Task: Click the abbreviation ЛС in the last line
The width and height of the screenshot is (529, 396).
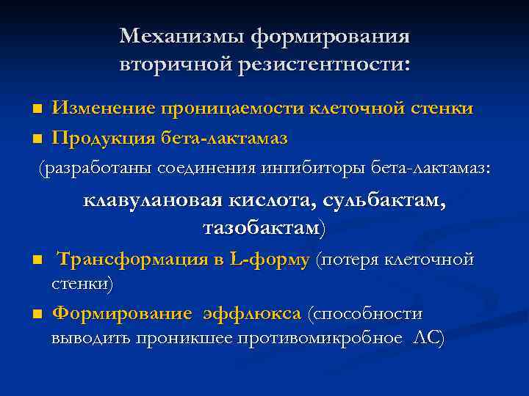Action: [428, 338]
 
